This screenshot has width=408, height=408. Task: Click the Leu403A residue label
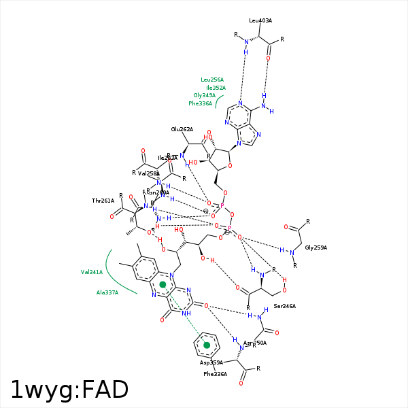coord(260,20)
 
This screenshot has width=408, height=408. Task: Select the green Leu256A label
coord(213,80)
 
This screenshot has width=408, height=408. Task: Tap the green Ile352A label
coord(216,88)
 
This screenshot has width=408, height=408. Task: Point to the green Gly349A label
coord(204,95)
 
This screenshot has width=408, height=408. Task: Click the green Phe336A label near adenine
coord(200,103)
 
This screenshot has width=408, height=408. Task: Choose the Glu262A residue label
coord(182,129)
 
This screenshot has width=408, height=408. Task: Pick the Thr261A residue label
coord(103,201)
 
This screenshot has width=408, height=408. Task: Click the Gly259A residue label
coord(316,248)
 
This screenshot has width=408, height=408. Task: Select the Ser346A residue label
coord(284,306)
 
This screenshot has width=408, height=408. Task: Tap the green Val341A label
coord(92,272)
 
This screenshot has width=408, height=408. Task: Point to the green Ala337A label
coord(107,292)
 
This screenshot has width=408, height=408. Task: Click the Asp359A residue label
coord(211,363)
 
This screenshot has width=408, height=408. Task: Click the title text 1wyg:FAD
coord(69,390)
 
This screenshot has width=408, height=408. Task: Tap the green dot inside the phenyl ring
coord(207,345)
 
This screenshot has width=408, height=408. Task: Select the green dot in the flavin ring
coord(163,284)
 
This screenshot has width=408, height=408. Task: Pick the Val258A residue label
coord(148,173)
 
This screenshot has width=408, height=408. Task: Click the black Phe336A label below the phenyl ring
coord(215,374)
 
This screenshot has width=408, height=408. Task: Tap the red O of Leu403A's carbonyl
coord(268,58)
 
